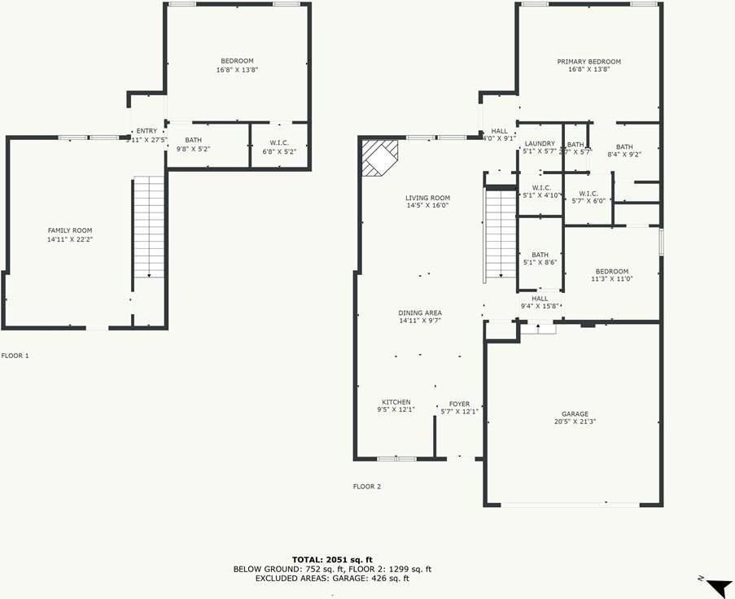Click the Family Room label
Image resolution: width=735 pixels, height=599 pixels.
tap(69, 230)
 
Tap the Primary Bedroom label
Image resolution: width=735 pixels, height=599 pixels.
tap(588, 62)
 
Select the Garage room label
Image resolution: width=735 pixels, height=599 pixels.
tap(574, 414)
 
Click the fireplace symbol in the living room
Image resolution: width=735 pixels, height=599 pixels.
tap(378, 156)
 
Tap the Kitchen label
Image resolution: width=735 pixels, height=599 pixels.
tap(396, 402)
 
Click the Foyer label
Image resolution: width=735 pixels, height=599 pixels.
tap(459, 404)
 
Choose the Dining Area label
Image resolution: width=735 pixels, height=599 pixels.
tap(420, 313)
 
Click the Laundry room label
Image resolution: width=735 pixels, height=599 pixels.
tap(539, 144)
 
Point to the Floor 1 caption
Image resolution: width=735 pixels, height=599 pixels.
tap(15, 356)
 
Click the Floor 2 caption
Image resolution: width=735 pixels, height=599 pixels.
tap(366, 487)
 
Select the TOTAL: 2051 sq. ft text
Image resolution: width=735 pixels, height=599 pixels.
tap(332, 559)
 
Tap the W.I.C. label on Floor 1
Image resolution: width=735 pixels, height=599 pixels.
tap(279, 143)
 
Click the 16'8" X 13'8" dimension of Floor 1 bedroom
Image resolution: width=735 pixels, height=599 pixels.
tap(237, 70)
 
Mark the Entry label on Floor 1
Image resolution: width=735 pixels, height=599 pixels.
tap(147, 131)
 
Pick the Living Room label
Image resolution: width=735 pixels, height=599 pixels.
tap(427, 198)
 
